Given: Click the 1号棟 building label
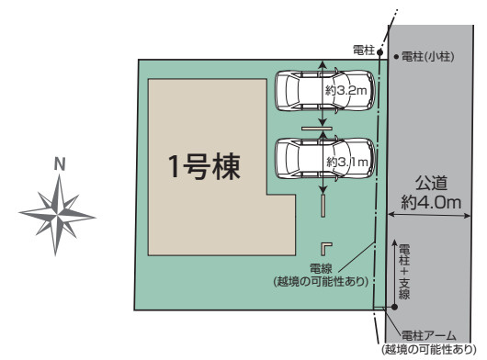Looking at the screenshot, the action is click(x=203, y=167).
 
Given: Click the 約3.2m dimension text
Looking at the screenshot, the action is click(x=346, y=90).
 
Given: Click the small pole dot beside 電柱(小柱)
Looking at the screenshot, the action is click(x=395, y=57).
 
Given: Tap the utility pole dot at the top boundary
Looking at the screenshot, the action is click(x=379, y=53).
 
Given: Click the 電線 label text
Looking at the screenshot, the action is click(x=321, y=269).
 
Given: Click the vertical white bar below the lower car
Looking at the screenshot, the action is click(x=323, y=205).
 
